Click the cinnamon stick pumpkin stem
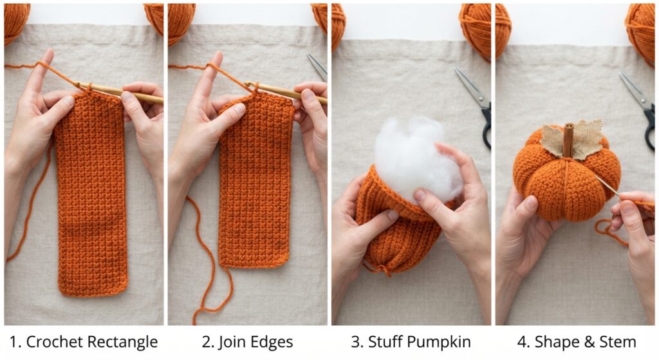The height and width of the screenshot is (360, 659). [569, 140]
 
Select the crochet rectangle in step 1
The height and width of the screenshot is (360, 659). [91, 193]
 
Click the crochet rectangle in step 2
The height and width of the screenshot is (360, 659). [255, 181]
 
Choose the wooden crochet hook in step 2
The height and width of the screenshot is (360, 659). [286, 92]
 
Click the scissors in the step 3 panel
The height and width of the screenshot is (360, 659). [476, 105]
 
